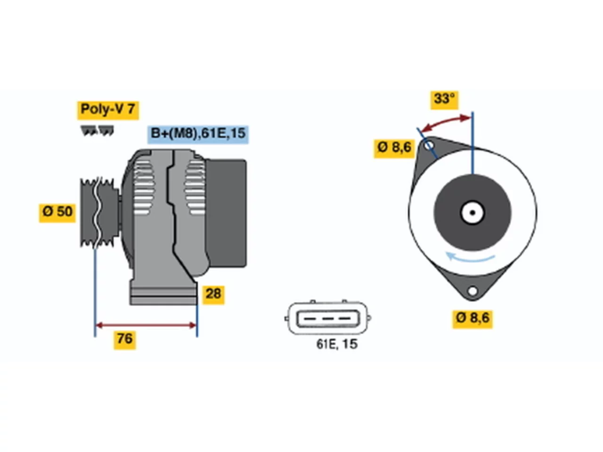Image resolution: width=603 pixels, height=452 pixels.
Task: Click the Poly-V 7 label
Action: click(108, 110)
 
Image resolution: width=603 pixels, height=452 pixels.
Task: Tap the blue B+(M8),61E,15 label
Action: click(198, 134)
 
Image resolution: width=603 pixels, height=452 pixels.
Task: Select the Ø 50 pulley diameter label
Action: click(57, 213)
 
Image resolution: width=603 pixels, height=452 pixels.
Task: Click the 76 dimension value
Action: click(125, 340)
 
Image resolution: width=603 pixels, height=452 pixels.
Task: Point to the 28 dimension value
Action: click(213, 295)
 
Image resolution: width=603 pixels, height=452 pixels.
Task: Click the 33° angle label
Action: click(444, 100)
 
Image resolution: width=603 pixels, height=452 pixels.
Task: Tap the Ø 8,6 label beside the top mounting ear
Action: click(394, 149)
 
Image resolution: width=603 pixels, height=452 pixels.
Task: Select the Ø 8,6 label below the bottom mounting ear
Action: click(473, 319)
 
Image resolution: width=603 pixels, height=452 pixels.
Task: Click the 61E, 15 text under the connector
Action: click(337, 344)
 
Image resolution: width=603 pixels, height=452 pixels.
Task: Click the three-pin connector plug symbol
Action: click(328, 318)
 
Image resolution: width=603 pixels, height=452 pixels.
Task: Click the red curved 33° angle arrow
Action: click(445, 123)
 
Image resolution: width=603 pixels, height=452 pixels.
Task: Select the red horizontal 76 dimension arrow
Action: click(146, 325)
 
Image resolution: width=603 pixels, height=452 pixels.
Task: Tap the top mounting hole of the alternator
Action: click(429, 145)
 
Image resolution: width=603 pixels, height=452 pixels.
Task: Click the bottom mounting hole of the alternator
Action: click(473, 291)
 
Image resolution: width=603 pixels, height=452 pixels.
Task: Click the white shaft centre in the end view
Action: click(472, 213)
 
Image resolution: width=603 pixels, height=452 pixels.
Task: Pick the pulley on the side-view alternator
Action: click(99, 213)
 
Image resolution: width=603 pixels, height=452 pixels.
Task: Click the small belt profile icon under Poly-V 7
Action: click(97, 130)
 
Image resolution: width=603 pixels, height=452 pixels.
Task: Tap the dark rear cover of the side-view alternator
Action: click(226, 213)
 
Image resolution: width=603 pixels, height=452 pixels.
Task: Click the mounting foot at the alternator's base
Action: click(164, 294)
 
